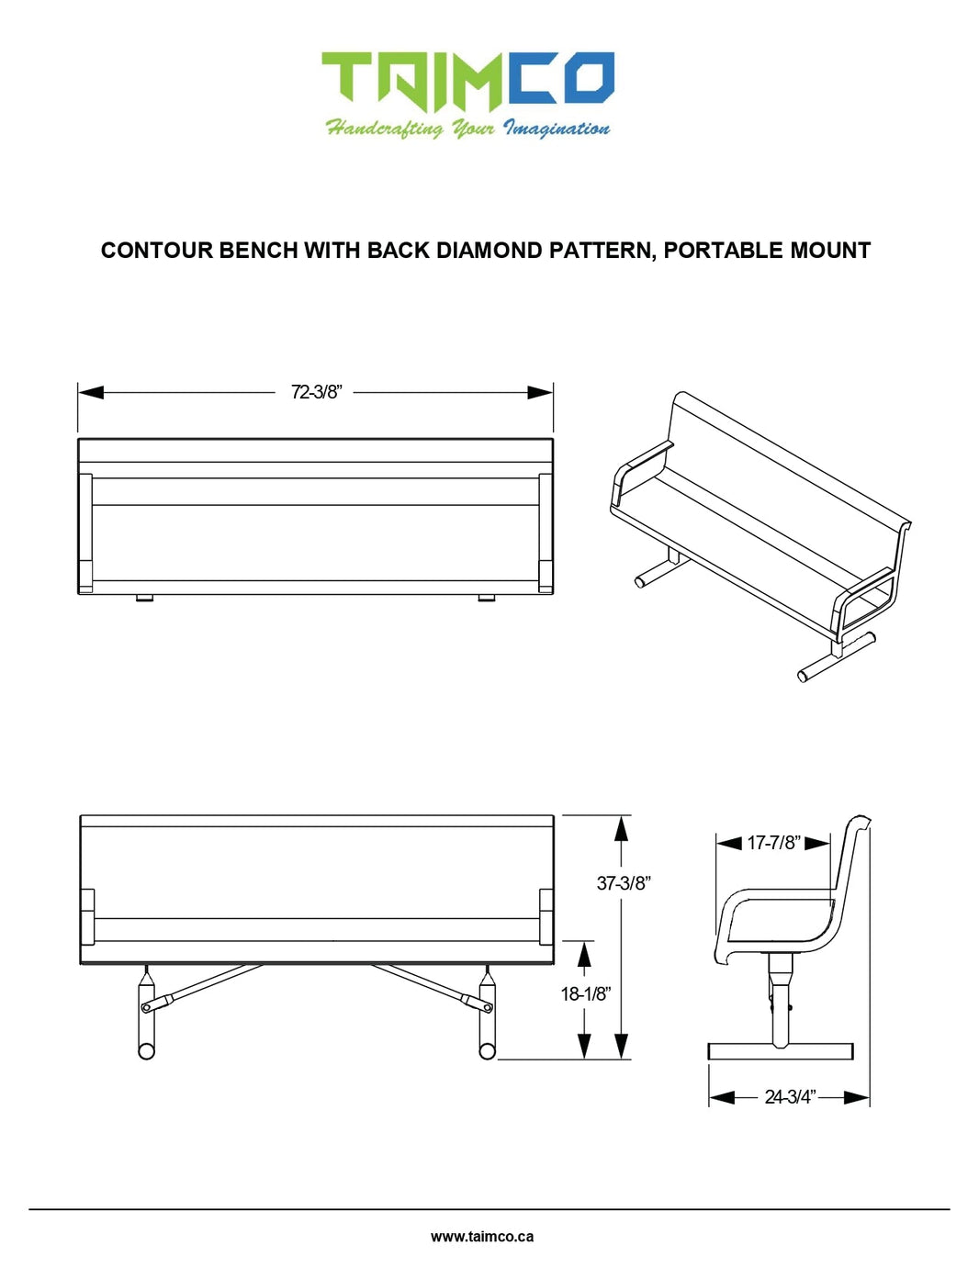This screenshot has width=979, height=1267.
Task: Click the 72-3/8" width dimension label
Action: coord(315,392)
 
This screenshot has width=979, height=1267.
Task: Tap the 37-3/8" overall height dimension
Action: coord(623,883)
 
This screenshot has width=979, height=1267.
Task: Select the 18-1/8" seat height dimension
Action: coord(586,993)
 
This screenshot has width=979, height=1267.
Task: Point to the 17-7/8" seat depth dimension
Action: coord(774,843)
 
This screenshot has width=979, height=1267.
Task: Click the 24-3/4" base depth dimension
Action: coord(790,1097)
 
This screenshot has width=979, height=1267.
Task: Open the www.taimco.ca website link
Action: coord(481,1237)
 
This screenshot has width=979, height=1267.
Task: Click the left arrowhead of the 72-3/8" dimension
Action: coord(91,392)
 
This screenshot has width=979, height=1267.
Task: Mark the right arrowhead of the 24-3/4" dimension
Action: coord(857,1098)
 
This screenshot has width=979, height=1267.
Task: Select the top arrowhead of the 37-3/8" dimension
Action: coord(622,828)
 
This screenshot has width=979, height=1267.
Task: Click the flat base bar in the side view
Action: coord(781,1051)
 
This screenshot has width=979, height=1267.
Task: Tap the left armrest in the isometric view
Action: coord(640,474)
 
